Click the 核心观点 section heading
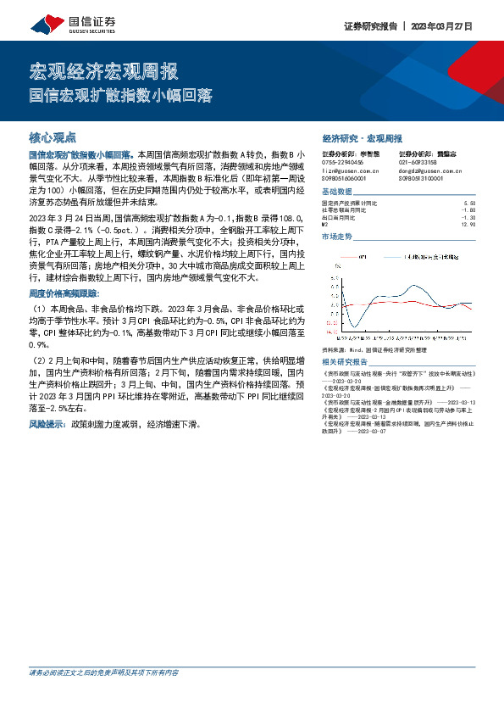[x=53, y=136]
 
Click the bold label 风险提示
[x=47, y=422]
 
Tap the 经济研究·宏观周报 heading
[x=363, y=137]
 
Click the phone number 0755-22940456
[x=343, y=162]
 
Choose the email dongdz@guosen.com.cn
[x=433, y=170]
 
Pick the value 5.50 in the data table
[x=471, y=204]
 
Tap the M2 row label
[x=325, y=225]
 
